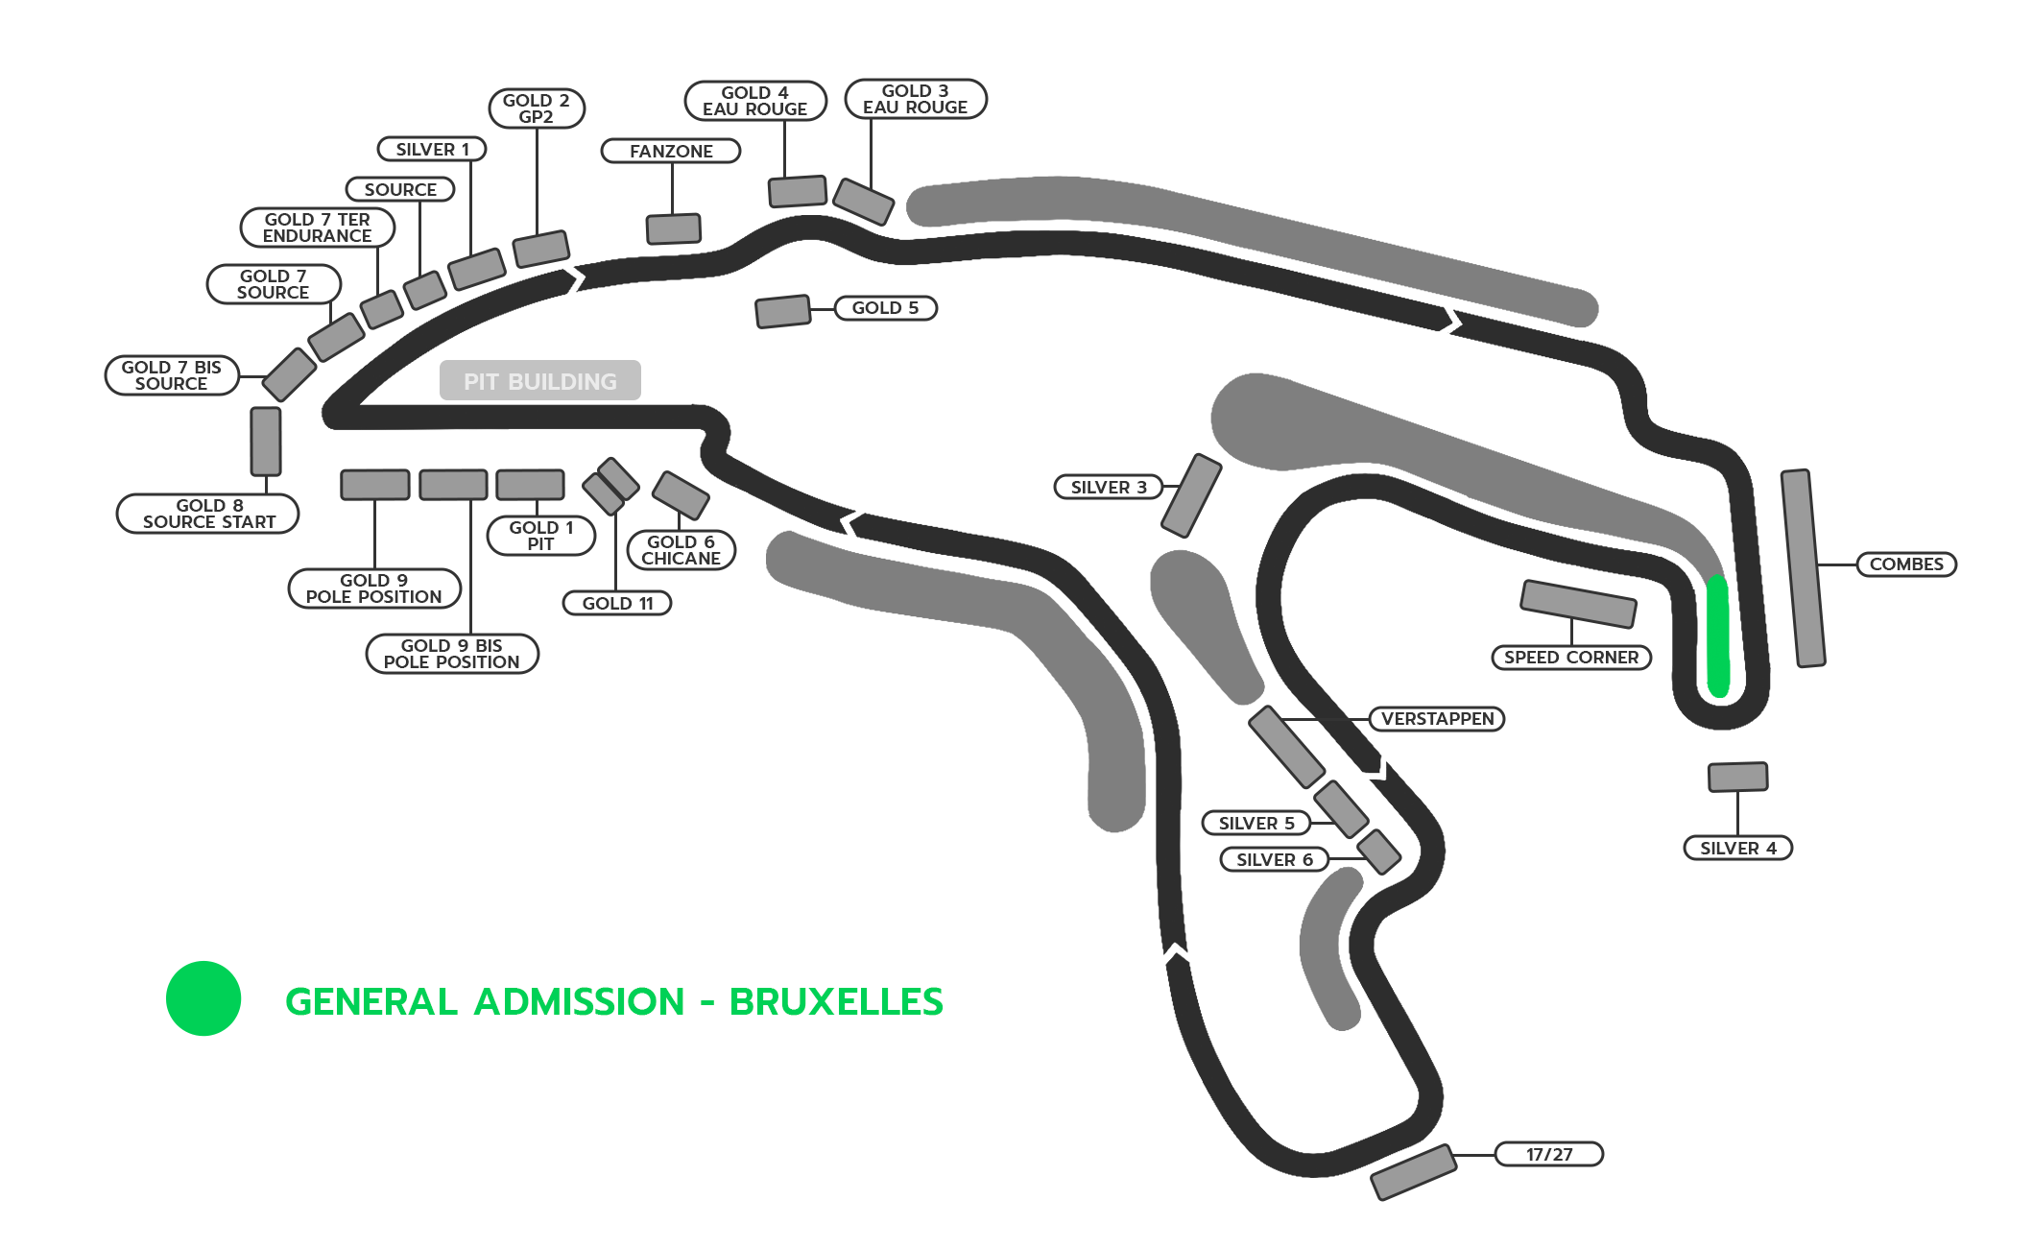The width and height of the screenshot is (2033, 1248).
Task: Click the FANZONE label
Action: point(671,151)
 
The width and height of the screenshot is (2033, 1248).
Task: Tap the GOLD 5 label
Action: point(885,308)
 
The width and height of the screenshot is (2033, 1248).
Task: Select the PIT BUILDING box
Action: point(540,380)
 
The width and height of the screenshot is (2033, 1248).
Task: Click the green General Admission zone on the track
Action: point(1717,636)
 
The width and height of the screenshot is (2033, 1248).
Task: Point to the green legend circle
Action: point(203,998)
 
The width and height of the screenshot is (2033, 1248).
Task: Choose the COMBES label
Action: point(1906,564)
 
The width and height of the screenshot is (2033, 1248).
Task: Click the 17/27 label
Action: point(1549,1154)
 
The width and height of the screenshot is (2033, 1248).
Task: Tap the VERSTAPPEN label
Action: point(1437,719)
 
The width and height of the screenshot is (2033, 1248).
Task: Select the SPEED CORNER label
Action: point(1571,658)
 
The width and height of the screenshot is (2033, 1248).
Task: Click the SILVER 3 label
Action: point(1109,488)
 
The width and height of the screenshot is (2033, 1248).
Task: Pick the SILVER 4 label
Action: point(1738,849)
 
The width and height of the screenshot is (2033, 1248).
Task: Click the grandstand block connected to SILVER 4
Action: point(1737,777)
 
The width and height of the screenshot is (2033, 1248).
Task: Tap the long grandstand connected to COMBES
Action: point(1803,568)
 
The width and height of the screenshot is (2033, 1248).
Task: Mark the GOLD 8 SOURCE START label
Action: point(208,514)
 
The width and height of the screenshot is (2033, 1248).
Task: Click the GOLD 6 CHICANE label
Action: point(681,550)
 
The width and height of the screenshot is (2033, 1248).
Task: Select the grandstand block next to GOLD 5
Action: point(783,311)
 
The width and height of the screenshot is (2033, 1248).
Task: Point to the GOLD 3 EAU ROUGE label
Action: point(916,99)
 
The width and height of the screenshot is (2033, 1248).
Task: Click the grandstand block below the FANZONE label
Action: point(674,228)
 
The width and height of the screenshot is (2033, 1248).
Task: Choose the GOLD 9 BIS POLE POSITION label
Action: point(452,654)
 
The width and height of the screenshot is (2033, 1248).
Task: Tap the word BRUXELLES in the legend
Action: point(836,1001)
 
